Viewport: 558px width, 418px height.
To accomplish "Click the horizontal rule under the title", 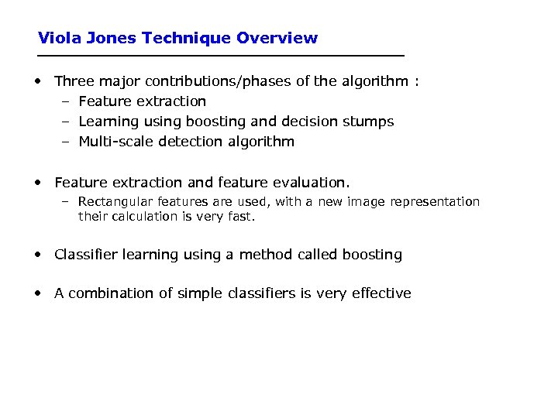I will tap(222, 57).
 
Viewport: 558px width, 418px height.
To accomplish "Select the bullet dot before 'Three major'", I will tap(38, 81).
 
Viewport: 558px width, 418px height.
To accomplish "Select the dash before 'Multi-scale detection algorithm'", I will tap(67, 142).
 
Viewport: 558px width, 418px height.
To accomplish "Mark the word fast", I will tap(241, 217).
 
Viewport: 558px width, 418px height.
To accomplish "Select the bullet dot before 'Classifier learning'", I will tap(38, 255).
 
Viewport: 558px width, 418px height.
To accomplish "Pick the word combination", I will tap(105, 293).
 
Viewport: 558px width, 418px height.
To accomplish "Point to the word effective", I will tap(381, 293).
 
